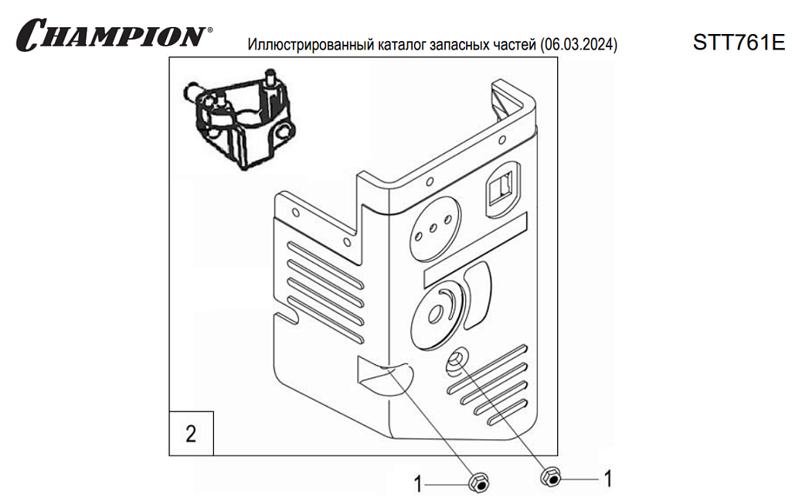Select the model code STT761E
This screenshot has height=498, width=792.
[738, 42]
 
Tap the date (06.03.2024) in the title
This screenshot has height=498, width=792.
[580, 44]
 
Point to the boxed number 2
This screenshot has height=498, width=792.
[191, 432]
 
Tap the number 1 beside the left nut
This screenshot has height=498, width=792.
[418, 485]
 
